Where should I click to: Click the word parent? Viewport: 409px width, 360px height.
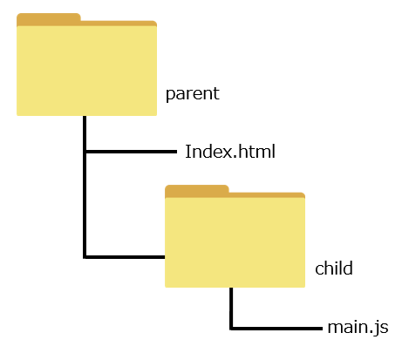tap(193, 94)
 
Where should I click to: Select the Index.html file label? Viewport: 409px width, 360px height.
tap(230, 152)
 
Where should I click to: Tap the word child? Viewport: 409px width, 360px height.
tap(334, 268)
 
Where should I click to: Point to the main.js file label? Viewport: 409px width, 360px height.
tap(358, 328)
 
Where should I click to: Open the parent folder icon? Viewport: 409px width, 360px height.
tap(86, 65)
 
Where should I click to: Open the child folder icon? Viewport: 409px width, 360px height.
tap(235, 236)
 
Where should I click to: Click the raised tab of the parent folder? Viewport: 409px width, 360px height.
tap(49, 18)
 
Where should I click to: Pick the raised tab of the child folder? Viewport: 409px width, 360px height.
tap(197, 190)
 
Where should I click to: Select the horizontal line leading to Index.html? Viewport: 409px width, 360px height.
tap(132, 152)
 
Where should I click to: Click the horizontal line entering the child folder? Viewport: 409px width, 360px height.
tap(126, 257)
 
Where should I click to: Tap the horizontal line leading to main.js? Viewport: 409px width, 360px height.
tap(277, 329)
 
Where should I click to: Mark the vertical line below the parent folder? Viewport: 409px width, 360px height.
tap(85, 187)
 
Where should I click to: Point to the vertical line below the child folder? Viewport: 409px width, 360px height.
tap(231, 309)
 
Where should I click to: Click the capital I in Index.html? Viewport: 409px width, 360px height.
tap(187, 152)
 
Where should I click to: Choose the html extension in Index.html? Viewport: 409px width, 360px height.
tap(256, 152)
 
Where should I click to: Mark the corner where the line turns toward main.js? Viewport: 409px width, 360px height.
tap(231, 329)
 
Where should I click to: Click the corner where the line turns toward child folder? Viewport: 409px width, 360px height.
tap(85, 257)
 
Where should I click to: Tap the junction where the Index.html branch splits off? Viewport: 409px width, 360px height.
tap(85, 152)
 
